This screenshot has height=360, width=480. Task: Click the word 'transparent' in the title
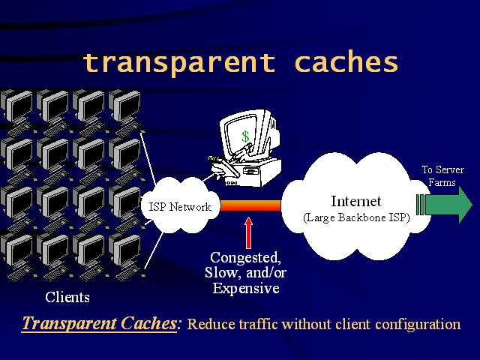coord(179,63)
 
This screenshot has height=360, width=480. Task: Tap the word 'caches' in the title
coord(346,61)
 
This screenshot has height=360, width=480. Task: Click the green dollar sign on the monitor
coord(245,136)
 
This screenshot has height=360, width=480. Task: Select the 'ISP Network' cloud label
coord(180,207)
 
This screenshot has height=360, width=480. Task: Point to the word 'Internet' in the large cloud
coord(356,201)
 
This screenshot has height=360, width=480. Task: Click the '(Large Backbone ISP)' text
coord(356,217)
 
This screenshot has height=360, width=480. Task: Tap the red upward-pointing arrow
coord(248,232)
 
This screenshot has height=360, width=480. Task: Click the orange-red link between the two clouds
coord(250,205)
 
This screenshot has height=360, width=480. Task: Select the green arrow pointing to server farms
coord(445,205)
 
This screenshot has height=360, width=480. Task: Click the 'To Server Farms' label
coord(442,176)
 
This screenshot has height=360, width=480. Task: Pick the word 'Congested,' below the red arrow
coord(245,258)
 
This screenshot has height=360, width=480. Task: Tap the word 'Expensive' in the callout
coord(246,288)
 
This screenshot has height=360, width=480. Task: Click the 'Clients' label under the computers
coord(67,297)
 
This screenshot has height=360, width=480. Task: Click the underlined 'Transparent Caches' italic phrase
coord(100,323)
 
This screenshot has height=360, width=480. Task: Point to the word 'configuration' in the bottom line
coord(418,325)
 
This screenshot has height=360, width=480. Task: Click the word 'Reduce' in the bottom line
coord(211,324)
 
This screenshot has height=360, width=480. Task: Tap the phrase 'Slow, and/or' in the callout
coord(245,273)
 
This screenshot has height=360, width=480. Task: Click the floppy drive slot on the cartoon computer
coord(250,171)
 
